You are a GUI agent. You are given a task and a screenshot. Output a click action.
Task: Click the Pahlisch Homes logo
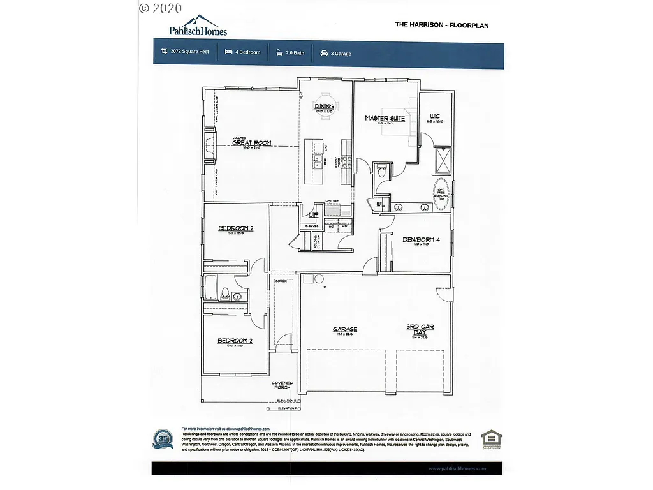click(x=197, y=26)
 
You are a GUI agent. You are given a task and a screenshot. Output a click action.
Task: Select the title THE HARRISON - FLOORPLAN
click(x=442, y=25)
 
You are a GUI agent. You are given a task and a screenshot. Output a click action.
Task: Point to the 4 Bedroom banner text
click(x=245, y=52)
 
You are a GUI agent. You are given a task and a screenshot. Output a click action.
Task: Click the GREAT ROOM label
click(x=251, y=143)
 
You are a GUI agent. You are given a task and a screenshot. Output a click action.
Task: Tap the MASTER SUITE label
click(x=385, y=118)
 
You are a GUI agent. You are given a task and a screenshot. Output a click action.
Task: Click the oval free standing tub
click(x=441, y=191)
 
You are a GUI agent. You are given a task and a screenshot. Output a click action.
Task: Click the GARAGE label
click(x=345, y=330)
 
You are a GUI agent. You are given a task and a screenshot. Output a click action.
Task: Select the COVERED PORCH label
click(x=282, y=385)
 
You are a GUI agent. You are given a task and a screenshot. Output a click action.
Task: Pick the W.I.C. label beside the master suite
click(x=436, y=116)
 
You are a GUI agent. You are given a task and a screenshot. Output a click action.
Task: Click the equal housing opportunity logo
click(x=491, y=439)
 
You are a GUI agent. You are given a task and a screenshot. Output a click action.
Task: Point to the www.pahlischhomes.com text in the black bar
click(x=457, y=468)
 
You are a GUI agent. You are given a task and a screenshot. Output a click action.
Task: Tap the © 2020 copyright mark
click(x=160, y=8)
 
